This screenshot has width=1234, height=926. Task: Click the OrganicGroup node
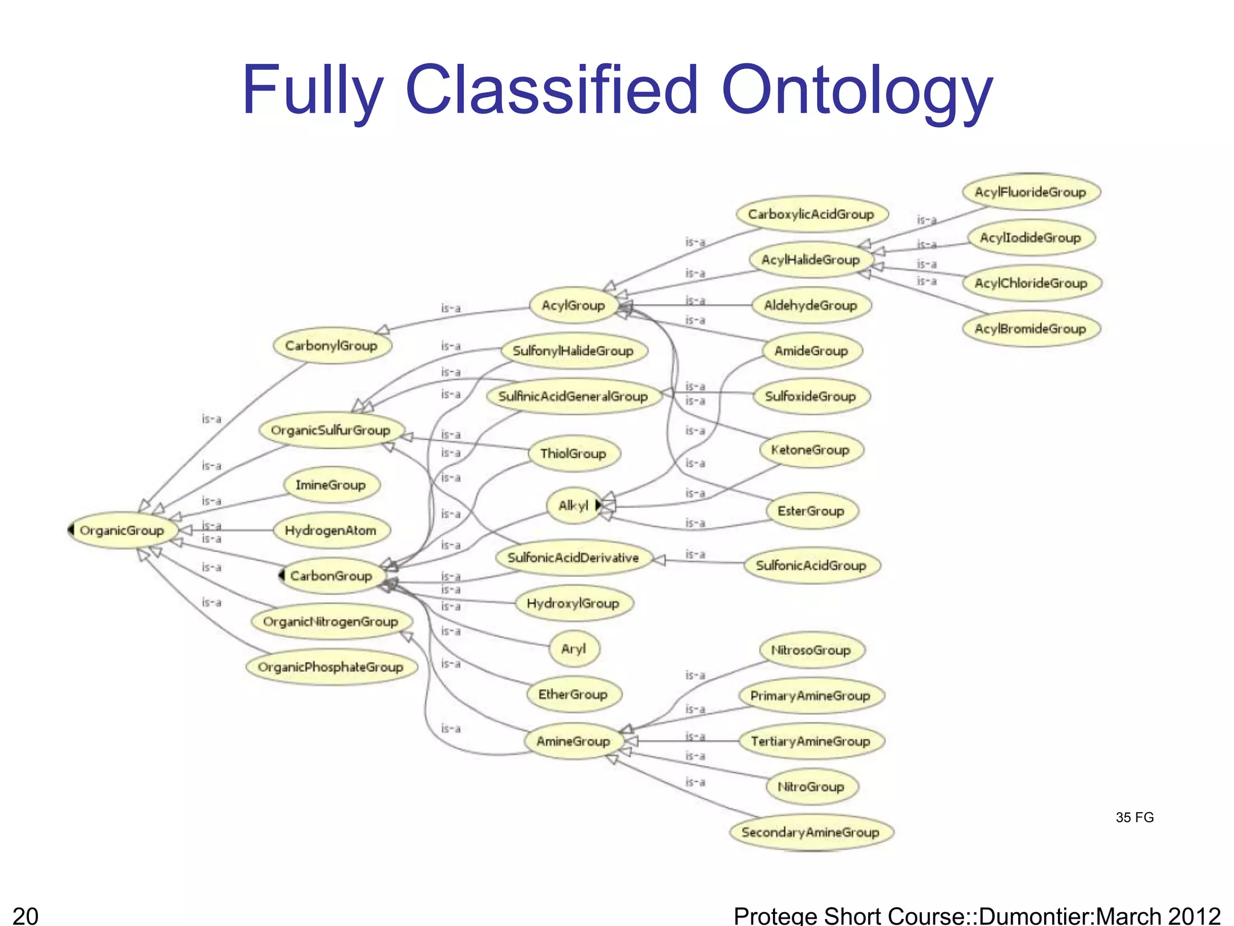[x=122, y=531]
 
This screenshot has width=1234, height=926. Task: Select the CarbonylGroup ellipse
[x=331, y=345]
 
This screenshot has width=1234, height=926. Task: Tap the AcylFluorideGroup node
[x=1030, y=192]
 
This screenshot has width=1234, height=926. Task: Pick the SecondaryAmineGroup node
[x=810, y=833]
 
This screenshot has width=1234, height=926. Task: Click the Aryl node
[x=573, y=649]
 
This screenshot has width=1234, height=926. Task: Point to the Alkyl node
[x=572, y=505]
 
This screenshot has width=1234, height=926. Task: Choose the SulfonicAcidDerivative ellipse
[x=573, y=558]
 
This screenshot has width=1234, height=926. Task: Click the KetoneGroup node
[x=810, y=450]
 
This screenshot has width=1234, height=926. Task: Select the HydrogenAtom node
[x=331, y=531]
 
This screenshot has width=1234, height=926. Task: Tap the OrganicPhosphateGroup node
[x=331, y=667]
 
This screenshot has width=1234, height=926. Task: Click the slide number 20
[x=25, y=915]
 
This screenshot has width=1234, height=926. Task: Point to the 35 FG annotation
[x=1135, y=817]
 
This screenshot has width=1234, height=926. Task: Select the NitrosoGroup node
[x=810, y=650]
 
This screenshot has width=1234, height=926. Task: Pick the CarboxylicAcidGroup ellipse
[x=811, y=214]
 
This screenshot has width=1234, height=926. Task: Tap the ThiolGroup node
[x=573, y=453]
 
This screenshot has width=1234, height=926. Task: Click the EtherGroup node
[x=573, y=694]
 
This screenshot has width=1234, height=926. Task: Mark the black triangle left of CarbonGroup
[x=281, y=575]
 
